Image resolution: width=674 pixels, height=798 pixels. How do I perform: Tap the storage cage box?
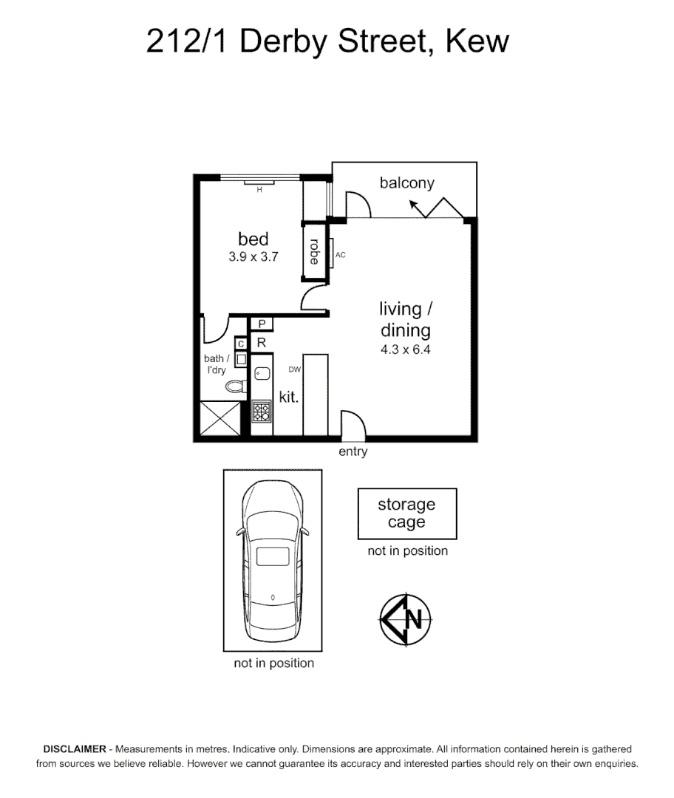pos(406,514)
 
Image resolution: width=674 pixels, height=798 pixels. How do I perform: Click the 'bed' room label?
pos(253,239)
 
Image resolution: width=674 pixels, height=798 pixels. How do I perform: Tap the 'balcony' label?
pos(406,183)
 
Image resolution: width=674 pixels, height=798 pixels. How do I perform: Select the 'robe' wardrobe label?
pos(314,252)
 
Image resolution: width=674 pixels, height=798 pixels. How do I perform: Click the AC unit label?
pos(341,255)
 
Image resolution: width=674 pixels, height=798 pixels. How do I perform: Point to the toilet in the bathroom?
pos(236,386)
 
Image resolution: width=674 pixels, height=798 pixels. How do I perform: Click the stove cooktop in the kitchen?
pos(262,410)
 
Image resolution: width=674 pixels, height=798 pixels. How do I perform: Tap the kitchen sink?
pos(262,374)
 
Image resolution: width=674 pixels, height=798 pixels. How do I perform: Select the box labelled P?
pos(262,324)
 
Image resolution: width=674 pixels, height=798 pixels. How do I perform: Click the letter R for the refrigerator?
pos(262,343)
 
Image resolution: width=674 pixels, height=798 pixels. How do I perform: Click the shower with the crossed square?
pos(221,420)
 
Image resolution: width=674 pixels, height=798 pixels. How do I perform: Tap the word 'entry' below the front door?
pos(353,452)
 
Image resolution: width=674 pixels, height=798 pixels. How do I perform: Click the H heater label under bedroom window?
pos(259,190)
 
